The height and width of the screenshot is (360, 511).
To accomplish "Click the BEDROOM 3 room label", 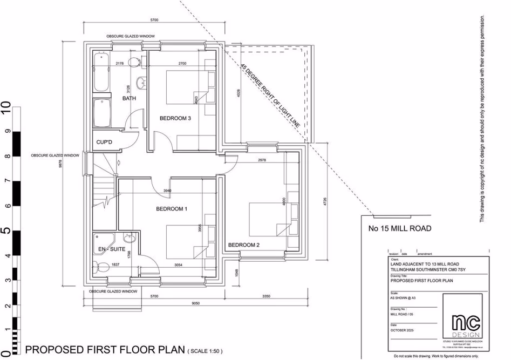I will [x=175, y=118].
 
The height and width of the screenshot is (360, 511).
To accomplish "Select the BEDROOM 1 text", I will [x=172, y=209].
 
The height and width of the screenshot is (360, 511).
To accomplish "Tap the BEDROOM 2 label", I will [x=244, y=245].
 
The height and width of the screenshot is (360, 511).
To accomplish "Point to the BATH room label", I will [x=129, y=99].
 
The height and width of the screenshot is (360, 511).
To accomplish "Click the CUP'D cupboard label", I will [x=104, y=142].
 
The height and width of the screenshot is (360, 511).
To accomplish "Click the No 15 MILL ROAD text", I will [x=399, y=228].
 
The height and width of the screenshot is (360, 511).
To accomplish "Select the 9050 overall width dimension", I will [x=195, y=303].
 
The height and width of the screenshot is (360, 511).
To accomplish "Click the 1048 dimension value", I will [x=236, y=273].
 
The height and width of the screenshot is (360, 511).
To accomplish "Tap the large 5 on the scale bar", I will [x=6, y=230].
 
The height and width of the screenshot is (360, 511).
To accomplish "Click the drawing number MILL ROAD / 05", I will [x=403, y=313].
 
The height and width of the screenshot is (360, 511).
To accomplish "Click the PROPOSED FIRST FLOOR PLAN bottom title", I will [x=105, y=349].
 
